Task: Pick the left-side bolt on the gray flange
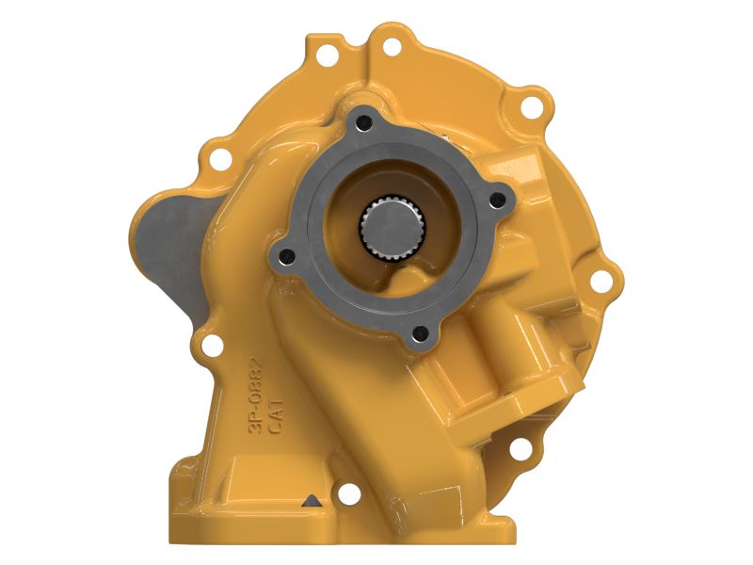coord(288,256)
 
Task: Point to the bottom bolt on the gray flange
coord(420,332)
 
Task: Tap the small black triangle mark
coord(312,500)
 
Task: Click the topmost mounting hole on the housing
coord(392,47)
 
